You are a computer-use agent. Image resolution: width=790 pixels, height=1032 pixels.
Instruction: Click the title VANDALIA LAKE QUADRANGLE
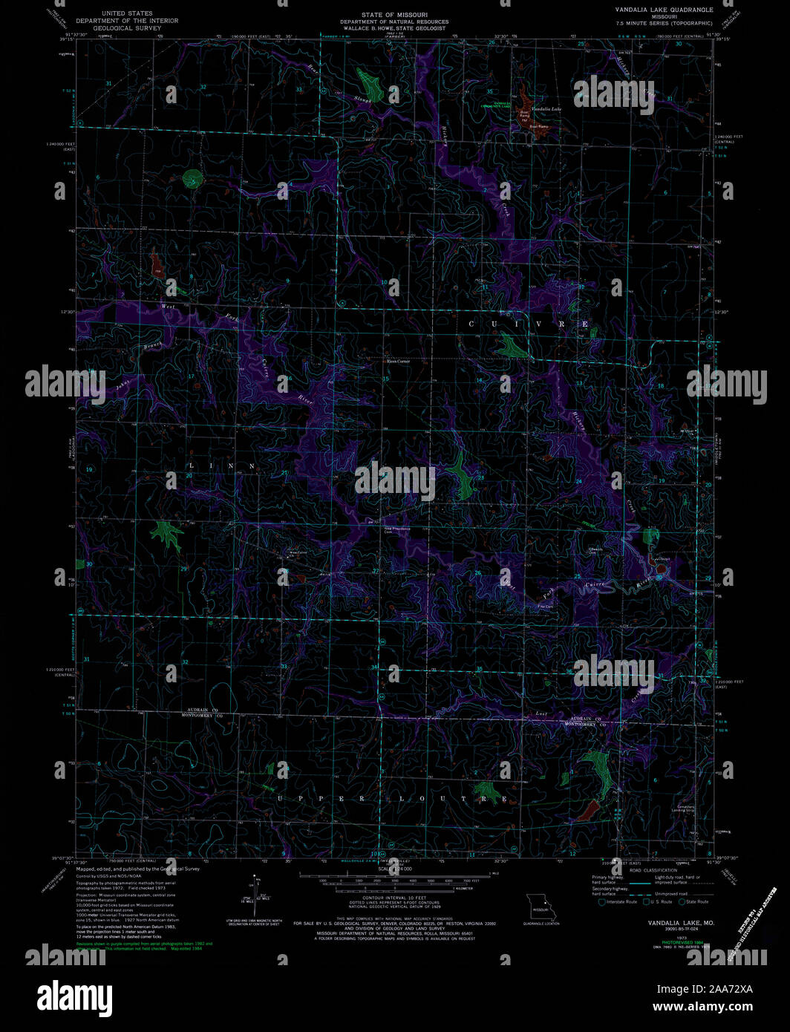pos(663,10)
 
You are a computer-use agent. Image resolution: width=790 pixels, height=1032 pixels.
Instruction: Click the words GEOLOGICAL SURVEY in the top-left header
pos(127,28)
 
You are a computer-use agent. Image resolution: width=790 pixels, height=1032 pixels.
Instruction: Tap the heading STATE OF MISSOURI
pos(394,15)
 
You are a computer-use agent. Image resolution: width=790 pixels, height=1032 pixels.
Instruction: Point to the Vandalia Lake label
pos(546,109)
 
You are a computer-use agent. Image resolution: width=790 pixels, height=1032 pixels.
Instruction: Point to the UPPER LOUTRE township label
pos(393,799)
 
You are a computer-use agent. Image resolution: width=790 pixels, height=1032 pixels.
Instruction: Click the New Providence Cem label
pos(397,529)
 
